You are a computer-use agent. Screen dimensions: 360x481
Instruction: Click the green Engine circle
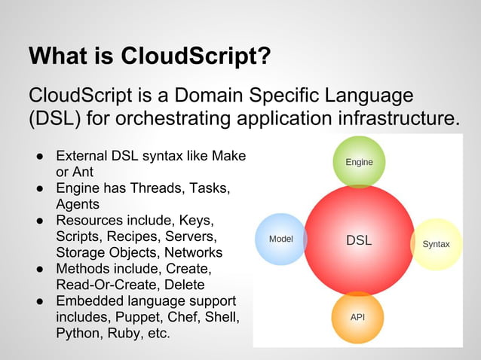point(359,162)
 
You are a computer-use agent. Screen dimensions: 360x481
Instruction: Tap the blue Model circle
point(281,239)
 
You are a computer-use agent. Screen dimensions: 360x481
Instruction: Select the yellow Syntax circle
point(437,244)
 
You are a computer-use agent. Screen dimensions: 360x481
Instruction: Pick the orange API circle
point(358,317)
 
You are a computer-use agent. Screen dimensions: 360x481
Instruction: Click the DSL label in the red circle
point(359,241)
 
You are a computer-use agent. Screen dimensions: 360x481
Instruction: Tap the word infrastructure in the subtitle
point(393,120)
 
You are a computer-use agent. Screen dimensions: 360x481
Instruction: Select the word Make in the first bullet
point(229,157)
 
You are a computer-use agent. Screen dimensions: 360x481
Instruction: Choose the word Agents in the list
point(77,203)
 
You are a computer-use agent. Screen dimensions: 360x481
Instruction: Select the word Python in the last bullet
point(78,333)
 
